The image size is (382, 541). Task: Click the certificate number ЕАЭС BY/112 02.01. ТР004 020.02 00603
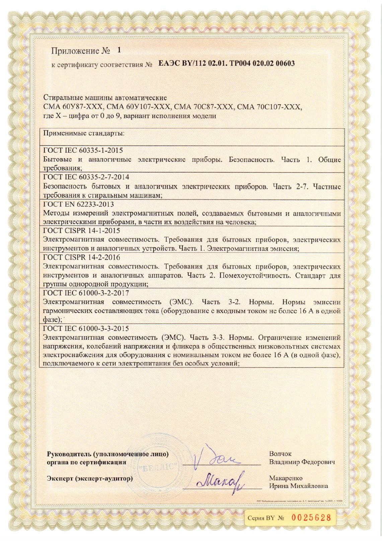(226, 63)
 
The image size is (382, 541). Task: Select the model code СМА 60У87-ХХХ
(72, 107)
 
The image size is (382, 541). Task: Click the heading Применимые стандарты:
(84, 133)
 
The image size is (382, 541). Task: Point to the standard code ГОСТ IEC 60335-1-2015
(83, 150)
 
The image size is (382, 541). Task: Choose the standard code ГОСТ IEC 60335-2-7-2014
(86, 177)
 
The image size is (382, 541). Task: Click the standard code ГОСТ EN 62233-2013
(78, 204)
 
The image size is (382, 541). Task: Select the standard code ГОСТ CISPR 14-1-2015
(82, 231)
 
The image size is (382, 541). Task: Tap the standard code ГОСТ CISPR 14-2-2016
(82, 257)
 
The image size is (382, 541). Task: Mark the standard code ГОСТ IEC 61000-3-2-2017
(86, 293)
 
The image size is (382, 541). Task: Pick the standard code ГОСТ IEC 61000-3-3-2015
(86, 328)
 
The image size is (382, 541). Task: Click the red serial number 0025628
(311, 518)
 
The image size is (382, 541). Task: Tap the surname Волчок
(280, 454)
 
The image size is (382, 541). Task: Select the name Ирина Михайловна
(299, 486)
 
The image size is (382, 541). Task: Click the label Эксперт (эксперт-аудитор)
(89, 478)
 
